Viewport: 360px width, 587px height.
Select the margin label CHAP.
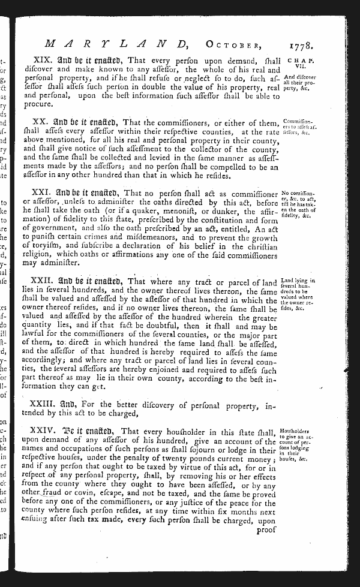point(298,61)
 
